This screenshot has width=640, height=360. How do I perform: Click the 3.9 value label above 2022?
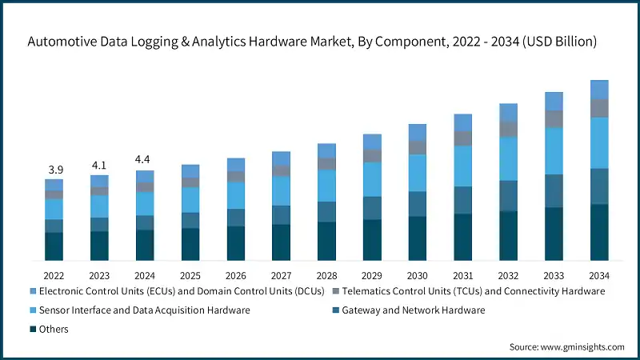tap(54, 170)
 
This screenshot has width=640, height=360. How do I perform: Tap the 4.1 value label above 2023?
tap(99, 166)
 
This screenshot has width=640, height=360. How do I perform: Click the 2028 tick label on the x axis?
tap(326, 274)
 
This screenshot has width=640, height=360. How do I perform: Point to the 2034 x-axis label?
tap(599, 274)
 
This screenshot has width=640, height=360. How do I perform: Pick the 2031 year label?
tap(463, 274)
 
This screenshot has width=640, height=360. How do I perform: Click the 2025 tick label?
tap(190, 274)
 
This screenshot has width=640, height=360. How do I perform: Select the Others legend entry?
tap(53, 329)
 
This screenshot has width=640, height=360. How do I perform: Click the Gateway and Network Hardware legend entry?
tap(414, 310)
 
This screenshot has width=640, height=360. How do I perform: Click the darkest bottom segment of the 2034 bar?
tap(599, 232)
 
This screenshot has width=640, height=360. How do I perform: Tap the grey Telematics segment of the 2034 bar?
tap(599, 108)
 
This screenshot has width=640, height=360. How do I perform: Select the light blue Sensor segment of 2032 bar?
tap(509, 158)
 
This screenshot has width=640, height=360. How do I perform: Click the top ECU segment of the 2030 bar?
tap(418, 132)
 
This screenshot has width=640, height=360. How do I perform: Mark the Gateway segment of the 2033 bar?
tap(554, 190)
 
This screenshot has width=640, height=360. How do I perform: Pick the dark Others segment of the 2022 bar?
tap(54, 246)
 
